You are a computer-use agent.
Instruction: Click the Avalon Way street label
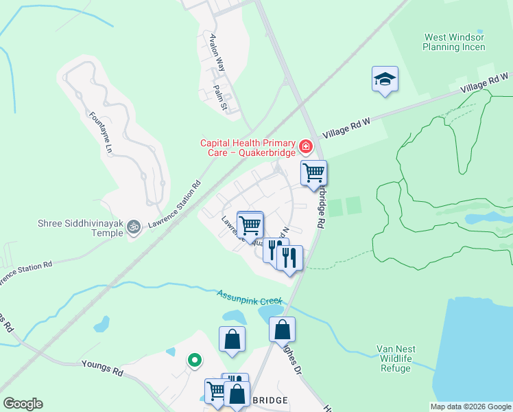(x=217, y=54)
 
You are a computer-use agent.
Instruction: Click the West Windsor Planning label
(x=454, y=43)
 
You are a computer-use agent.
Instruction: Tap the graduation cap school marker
(x=385, y=80)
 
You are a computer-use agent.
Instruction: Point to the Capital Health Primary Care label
(x=248, y=148)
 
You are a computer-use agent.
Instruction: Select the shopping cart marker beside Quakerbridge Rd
(x=313, y=173)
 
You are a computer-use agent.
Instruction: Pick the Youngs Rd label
(x=102, y=369)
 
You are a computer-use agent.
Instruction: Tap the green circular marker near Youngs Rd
(x=194, y=358)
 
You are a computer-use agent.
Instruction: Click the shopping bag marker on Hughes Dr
(x=282, y=330)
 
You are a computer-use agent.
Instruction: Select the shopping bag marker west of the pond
(x=232, y=339)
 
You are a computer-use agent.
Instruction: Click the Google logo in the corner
(x=23, y=404)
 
